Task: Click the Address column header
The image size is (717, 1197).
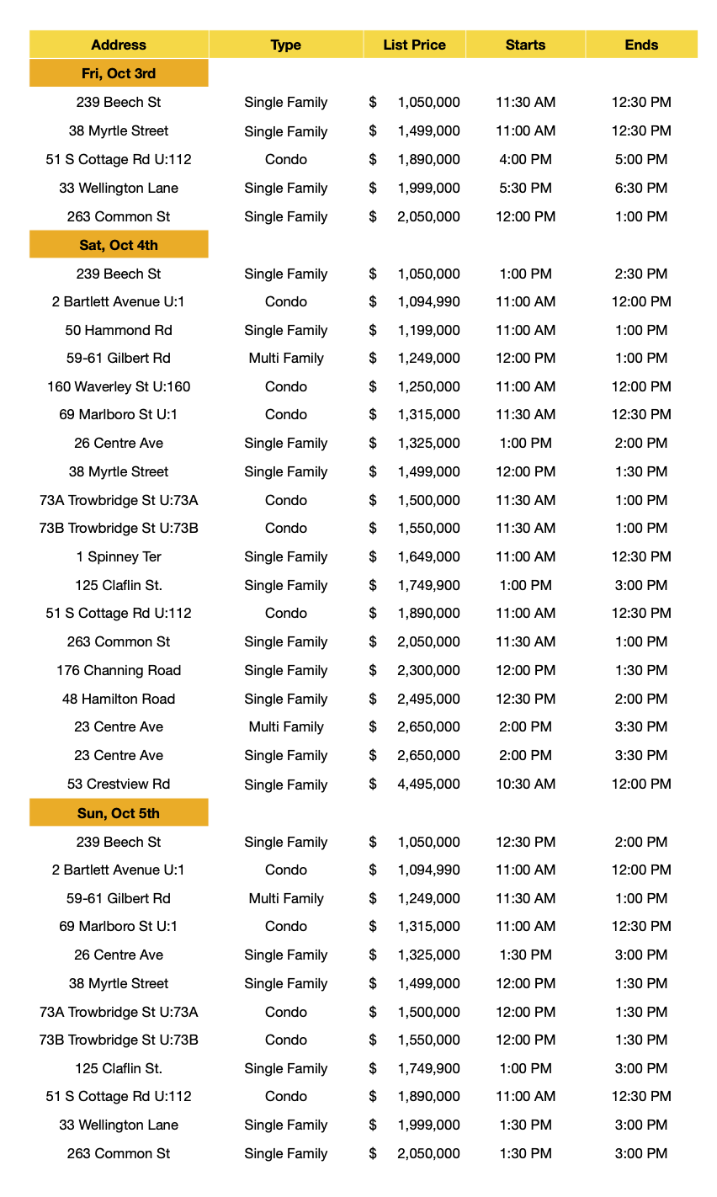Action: pyautogui.click(x=119, y=45)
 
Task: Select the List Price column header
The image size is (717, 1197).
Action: pyautogui.click(x=414, y=45)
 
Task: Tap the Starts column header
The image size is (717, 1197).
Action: pyautogui.click(x=525, y=45)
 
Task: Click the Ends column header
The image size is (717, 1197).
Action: pyautogui.click(x=641, y=45)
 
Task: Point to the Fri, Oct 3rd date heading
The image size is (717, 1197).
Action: pyautogui.click(x=119, y=73)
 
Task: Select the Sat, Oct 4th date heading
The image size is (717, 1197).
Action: pyautogui.click(x=119, y=245)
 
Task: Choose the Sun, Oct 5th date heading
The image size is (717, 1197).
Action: pyautogui.click(x=119, y=813)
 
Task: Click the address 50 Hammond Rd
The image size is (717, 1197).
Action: pyautogui.click(x=119, y=330)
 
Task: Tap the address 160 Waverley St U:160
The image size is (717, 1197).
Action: pyautogui.click(x=119, y=387)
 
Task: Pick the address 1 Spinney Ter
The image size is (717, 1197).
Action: pyautogui.click(x=119, y=557)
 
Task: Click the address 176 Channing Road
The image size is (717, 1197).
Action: pyautogui.click(x=119, y=671)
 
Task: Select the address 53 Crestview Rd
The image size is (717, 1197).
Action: pyautogui.click(x=119, y=785)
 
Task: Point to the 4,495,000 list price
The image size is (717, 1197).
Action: pyautogui.click(x=428, y=785)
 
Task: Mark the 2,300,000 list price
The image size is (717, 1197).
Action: pyautogui.click(x=428, y=671)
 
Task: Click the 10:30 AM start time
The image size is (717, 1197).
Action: pyautogui.click(x=525, y=785)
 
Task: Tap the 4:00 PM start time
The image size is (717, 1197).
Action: pyautogui.click(x=525, y=160)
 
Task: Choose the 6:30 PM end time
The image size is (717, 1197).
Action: pyautogui.click(x=641, y=189)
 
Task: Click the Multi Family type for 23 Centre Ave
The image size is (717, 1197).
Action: pyautogui.click(x=286, y=727)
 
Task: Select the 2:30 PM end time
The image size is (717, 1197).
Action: pyautogui.click(x=641, y=274)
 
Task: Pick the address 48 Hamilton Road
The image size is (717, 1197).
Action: pyautogui.click(x=119, y=700)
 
